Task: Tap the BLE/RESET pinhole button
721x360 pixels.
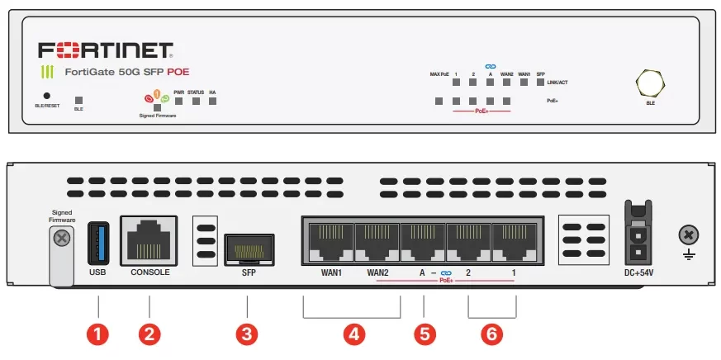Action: point(46,97)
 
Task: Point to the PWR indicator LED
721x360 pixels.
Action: point(178,102)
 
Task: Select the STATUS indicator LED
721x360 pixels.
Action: point(196,102)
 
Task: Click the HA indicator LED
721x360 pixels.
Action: point(212,102)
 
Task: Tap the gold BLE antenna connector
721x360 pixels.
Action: point(650,84)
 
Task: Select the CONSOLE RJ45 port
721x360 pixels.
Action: point(149,239)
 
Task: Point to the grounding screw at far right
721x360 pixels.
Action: point(687,235)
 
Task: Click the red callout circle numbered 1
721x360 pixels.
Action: point(97,334)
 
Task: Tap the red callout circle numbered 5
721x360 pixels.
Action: point(424,334)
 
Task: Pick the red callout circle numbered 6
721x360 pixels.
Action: point(492,334)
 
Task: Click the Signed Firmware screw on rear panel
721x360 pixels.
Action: point(60,239)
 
